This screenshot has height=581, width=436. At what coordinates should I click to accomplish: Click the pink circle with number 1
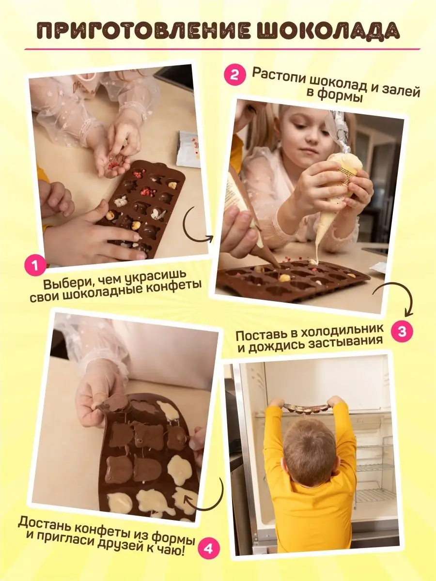coord(35,266)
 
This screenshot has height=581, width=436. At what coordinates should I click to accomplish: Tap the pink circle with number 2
coord(234,75)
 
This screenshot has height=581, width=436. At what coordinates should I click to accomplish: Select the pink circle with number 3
coord(402,331)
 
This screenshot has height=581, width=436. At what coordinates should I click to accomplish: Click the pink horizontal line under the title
coord(222,49)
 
